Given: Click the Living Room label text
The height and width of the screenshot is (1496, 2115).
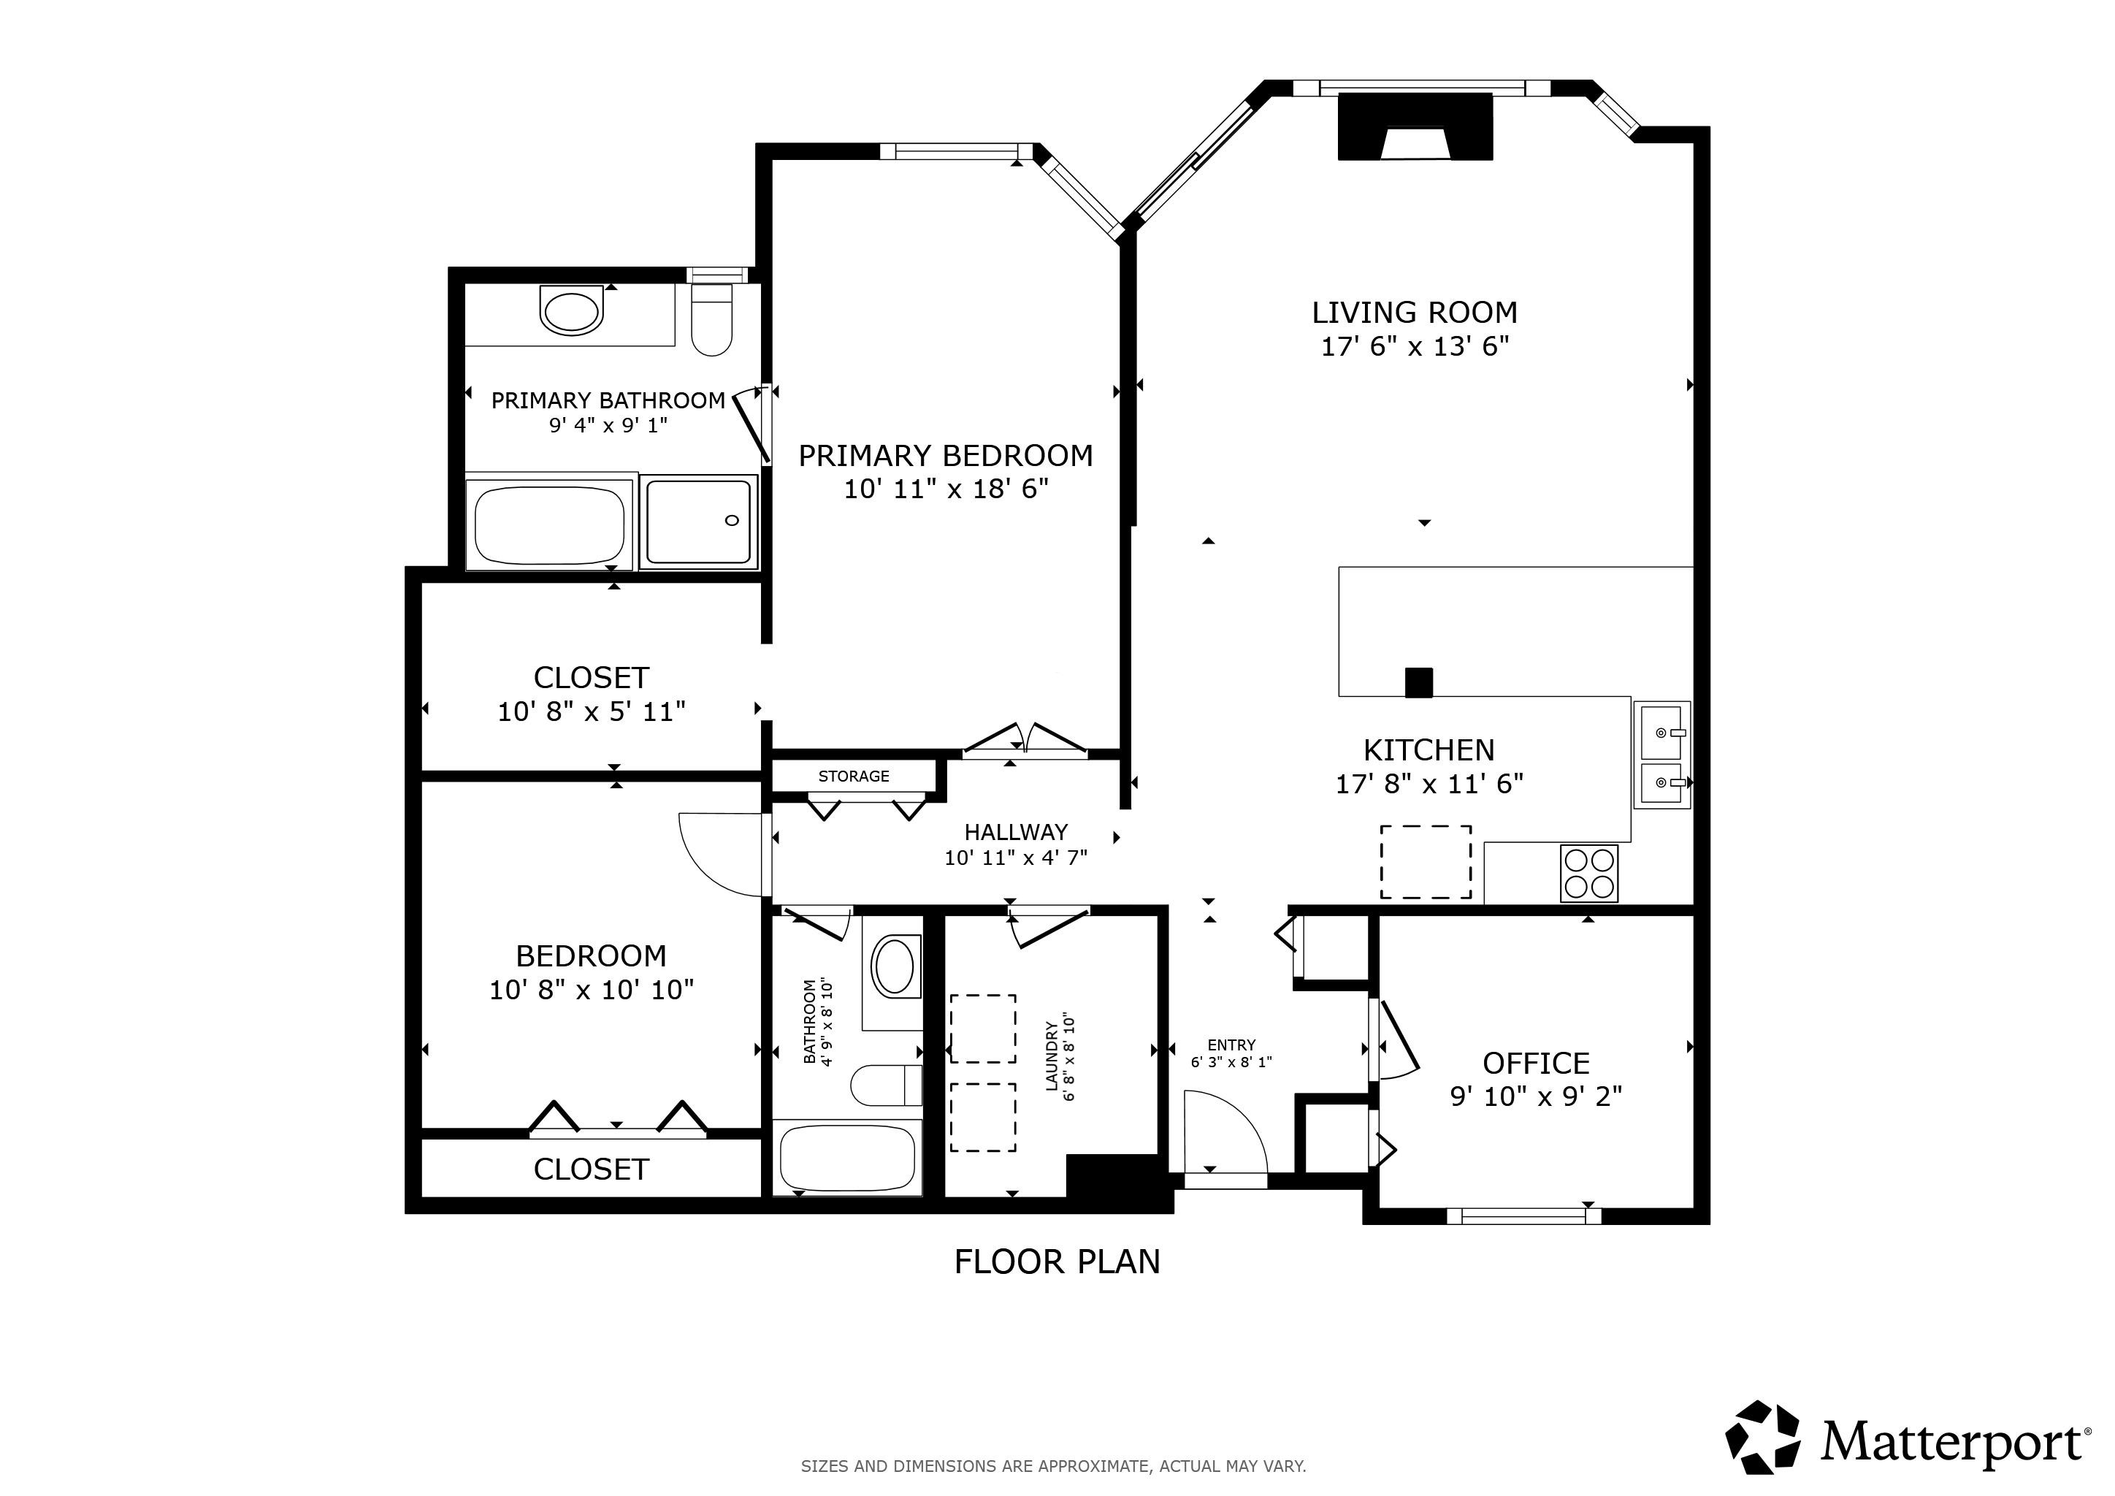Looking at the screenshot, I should coord(1414,313).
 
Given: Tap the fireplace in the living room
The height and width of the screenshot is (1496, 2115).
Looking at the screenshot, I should coord(1414,127).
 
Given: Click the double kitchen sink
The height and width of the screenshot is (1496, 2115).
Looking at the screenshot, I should coord(1661,755).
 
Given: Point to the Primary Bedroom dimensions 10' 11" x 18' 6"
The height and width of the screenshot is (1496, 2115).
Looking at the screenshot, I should coord(946,489).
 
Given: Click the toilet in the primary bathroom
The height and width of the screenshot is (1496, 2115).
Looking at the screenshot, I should coord(711,321).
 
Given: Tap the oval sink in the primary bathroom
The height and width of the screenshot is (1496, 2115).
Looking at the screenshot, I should coord(571,311).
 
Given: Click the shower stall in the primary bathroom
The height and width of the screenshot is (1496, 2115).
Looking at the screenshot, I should coord(698,522).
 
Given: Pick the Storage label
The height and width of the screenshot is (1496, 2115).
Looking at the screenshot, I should coord(854,776).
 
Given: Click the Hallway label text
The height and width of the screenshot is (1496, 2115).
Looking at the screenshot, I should coord(1016,833).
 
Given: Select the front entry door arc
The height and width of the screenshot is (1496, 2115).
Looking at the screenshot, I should coord(1225,1131).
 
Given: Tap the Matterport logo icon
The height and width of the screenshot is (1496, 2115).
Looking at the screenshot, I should coord(1762,1437).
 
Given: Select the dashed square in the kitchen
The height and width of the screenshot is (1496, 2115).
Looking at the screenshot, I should coord(1425,862).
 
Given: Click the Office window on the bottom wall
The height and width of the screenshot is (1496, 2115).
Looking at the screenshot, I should coord(1523,1216).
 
